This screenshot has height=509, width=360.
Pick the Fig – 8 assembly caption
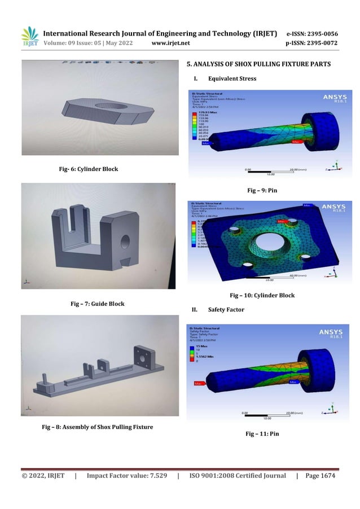click(98, 427)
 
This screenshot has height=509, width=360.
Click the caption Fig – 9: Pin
click(262, 191)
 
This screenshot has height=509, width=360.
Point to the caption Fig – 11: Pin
click(262, 433)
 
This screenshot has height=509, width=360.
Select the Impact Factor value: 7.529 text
click(127, 476)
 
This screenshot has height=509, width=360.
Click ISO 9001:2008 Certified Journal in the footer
click(238, 476)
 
